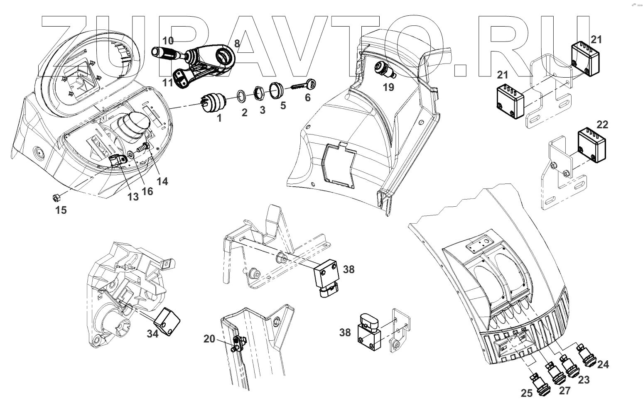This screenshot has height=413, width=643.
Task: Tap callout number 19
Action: coord(388,87)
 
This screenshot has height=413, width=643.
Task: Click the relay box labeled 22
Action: coord(591,145)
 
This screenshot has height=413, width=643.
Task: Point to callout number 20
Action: coord(209,339)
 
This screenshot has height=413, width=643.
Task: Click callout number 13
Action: coord(133,197)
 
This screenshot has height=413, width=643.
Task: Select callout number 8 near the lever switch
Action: coord(237,43)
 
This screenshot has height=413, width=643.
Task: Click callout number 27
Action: coord(565,391)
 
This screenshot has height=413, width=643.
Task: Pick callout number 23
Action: coord(584,380)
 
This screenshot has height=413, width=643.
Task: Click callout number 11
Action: coord(167,82)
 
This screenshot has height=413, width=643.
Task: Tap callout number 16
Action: coord(147,191)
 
